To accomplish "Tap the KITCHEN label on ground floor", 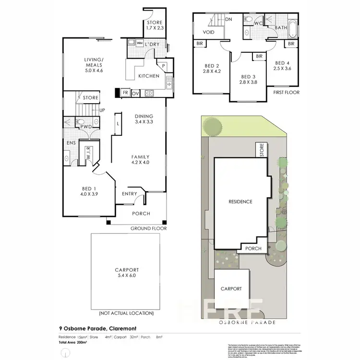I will coord(148,76).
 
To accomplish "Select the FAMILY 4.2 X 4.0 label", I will coord(141,159).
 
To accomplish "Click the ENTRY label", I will coord(129,194).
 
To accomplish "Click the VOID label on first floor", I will coord(209,32).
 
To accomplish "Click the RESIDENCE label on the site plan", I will coord(240,202).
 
